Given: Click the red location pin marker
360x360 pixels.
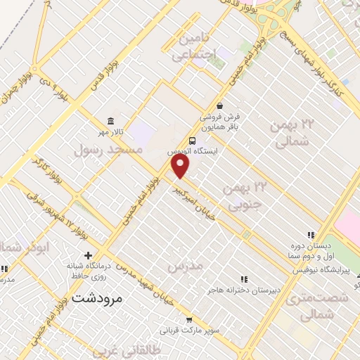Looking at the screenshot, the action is [x=181, y=166].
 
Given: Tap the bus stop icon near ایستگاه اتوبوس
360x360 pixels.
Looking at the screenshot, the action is [x=193, y=139].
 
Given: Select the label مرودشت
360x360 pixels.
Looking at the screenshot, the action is [x=97, y=298].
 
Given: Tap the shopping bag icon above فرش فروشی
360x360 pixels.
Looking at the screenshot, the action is [x=219, y=105].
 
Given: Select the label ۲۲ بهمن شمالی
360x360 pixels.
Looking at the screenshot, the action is [x=293, y=132].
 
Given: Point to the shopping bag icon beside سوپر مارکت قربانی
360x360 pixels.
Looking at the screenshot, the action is [x=188, y=319].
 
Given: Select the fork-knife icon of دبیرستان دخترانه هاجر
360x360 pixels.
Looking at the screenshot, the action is [x=244, y=279].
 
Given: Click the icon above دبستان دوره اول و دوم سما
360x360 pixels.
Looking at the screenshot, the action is [x=310, y=236].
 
